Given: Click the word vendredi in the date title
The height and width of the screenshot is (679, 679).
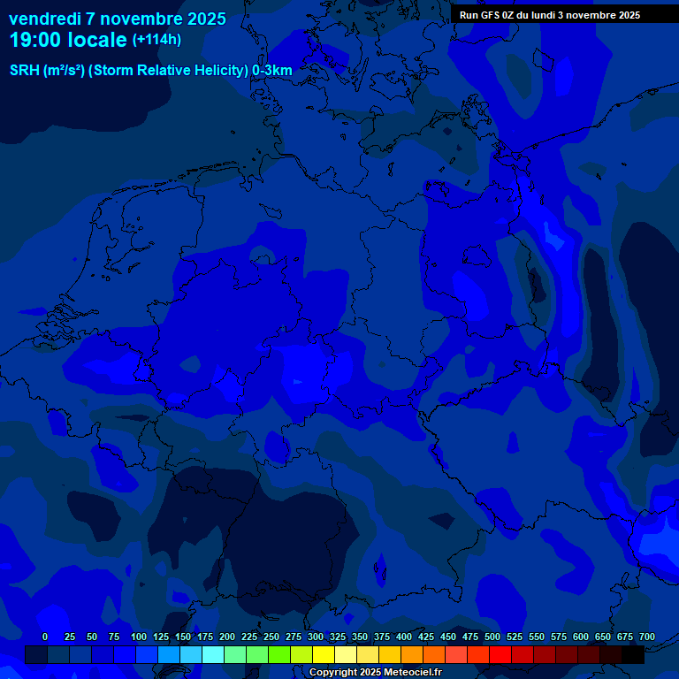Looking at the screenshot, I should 45,19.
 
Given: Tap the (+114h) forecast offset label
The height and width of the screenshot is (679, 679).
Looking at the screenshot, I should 156,40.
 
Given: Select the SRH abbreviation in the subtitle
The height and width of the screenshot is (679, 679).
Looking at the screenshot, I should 25,71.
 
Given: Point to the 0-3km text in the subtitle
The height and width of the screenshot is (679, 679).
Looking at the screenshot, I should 272,71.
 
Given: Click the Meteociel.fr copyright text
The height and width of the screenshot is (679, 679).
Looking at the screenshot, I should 375,673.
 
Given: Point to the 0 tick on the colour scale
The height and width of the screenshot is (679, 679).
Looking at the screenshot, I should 45,637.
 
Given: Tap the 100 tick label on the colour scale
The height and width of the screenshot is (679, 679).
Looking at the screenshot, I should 139,637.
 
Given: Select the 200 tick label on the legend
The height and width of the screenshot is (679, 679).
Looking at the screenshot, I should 227,637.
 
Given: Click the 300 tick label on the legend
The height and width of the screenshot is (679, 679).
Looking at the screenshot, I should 316,637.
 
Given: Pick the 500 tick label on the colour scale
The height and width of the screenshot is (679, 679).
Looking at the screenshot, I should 492,637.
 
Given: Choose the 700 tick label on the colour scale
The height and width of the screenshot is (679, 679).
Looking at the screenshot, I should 646,637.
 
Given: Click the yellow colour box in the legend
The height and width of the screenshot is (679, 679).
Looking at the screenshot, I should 324,654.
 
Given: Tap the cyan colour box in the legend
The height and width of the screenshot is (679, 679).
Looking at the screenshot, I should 213,654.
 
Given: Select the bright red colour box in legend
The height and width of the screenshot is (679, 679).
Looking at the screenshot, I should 500,654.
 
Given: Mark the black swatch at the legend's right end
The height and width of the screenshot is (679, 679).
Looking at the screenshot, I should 633,654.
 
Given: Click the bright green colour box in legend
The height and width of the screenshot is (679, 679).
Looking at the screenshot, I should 279,654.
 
